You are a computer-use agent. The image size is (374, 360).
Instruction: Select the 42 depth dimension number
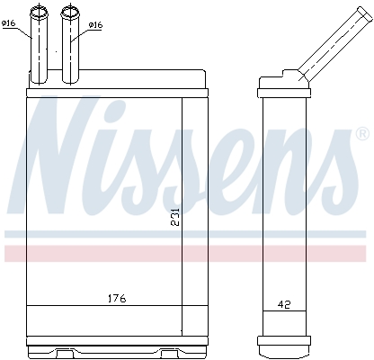283,305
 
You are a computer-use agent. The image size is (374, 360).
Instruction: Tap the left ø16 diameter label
10,24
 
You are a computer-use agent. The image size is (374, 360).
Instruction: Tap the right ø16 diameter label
95,26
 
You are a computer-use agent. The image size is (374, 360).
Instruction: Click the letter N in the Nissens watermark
67,148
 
